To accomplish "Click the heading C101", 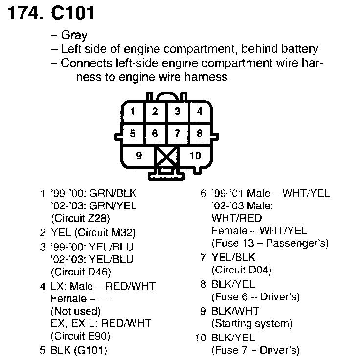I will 72,13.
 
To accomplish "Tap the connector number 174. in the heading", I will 24,13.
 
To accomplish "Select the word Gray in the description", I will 74,35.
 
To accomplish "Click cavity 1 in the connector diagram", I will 133,111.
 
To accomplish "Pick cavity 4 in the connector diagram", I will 200,111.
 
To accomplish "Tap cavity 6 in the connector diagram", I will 155,133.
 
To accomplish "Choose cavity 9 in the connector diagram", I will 139,156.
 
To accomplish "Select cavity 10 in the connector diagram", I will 195,156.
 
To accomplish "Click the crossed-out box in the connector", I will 166,158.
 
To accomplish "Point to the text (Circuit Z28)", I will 80,219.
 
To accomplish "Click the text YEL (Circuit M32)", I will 93,232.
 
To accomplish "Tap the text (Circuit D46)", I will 81,272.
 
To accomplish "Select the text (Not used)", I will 75,311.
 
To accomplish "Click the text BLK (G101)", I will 78,350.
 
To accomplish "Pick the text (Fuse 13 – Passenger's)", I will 270,243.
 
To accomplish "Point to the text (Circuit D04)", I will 241,270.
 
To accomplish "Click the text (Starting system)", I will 251,323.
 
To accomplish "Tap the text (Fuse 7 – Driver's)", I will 255,350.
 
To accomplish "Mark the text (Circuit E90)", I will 80,336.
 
